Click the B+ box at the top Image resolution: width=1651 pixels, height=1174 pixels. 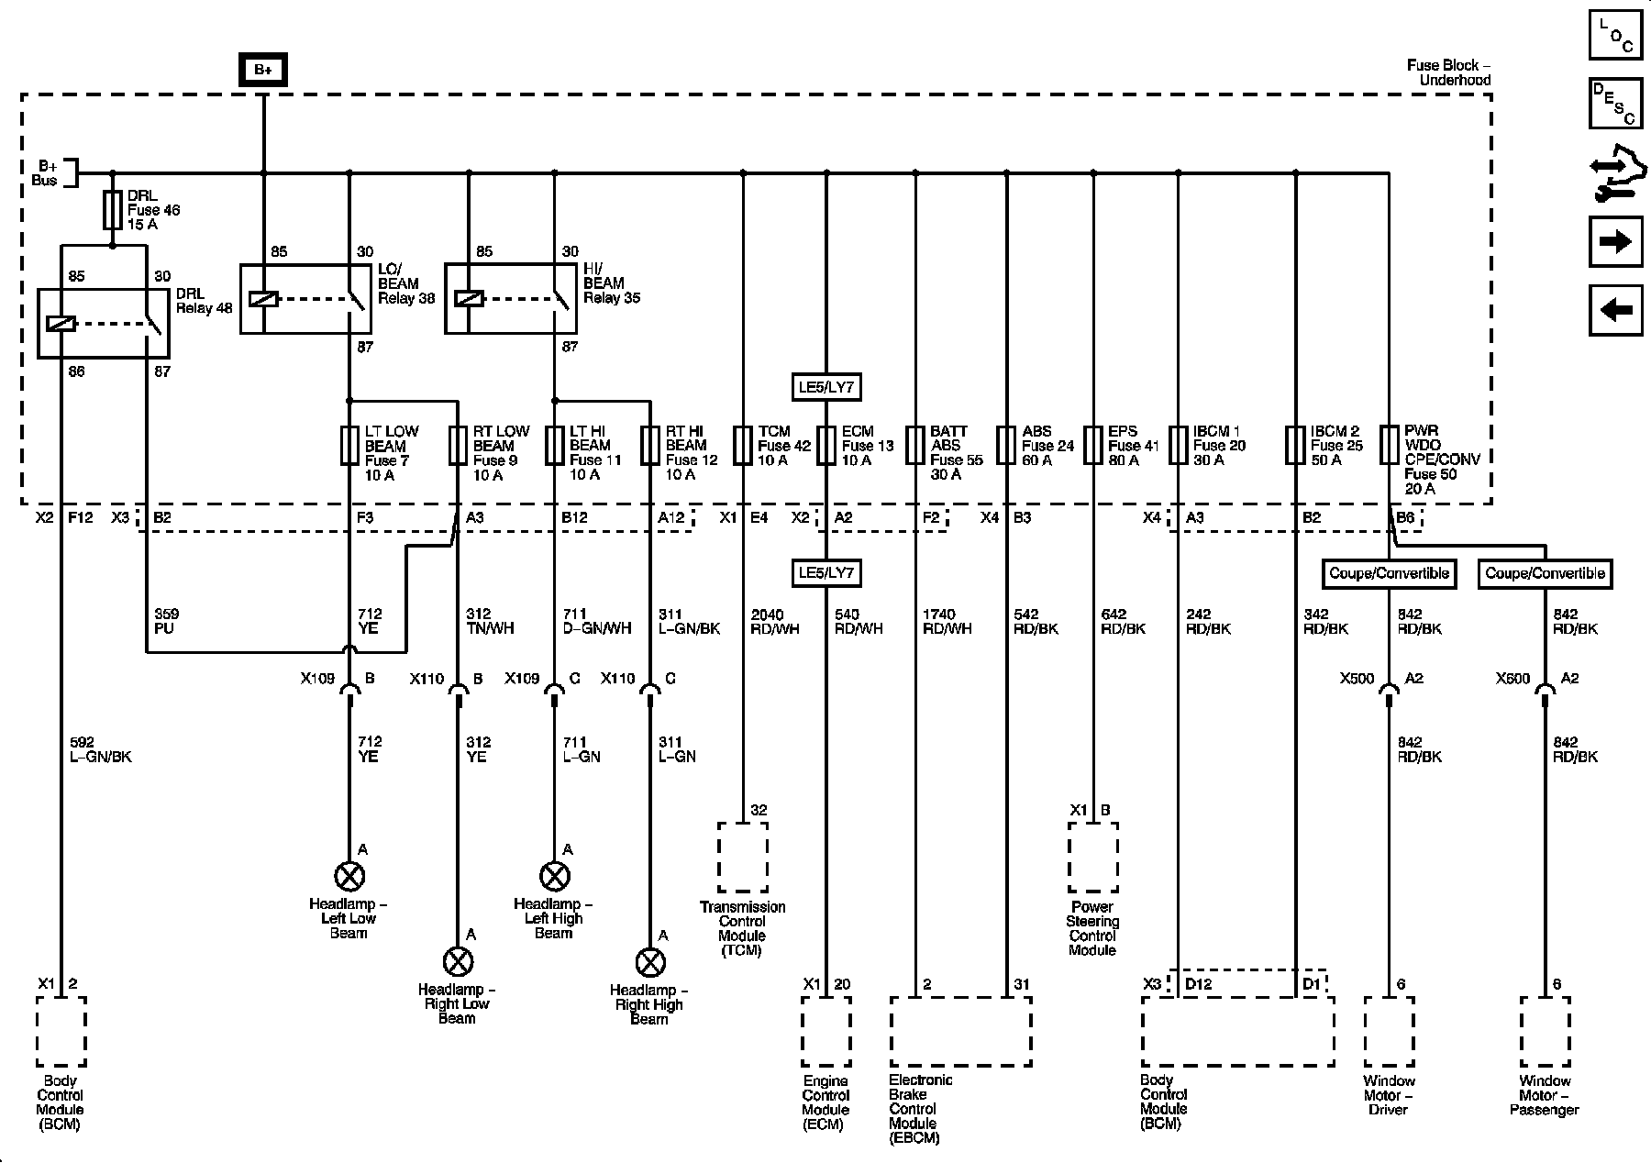tap(263, 70)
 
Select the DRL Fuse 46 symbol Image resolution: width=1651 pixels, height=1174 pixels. tap(113, 210)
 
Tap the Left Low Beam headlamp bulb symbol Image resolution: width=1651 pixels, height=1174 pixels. tap(349, 877)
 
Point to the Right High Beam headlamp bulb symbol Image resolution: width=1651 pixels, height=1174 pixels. tap(649, 962)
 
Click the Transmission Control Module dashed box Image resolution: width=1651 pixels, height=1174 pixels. tap(742, 857)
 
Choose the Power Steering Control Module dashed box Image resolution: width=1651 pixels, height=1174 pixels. tap(1092, 857)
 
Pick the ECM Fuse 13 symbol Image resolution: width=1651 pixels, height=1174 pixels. tap(826, 446)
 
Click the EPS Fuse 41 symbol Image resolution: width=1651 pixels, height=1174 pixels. tap(1093, 446)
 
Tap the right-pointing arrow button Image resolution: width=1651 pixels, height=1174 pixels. tap(1615, 242)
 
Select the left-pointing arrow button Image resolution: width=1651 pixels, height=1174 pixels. tap(1615, 310)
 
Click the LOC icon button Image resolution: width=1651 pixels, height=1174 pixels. tap(1615, 35)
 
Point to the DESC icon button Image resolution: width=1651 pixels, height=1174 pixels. tap(1615, 104)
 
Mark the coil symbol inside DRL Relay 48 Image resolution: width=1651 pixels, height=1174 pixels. tap(61, 323)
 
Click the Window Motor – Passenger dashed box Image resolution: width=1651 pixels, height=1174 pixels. tap(1545, 1032)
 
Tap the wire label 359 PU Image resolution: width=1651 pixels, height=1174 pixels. tap(167, 621)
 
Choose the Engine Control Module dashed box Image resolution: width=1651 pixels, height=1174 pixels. tap(825, 1032)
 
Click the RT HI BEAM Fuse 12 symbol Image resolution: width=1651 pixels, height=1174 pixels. tap(650, 446)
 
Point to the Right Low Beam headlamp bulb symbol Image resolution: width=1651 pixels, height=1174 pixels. tap(457, 962)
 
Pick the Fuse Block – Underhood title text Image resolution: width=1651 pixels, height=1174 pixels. tap(1448, 72)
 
